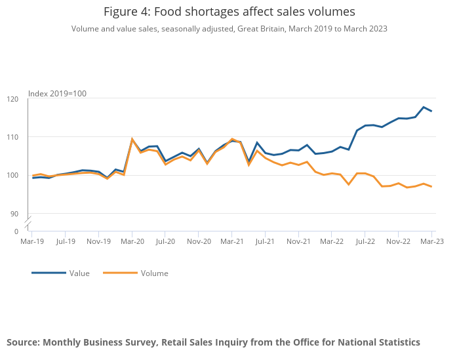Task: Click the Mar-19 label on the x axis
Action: coord(31,241)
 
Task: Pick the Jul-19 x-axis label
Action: coord(65,241)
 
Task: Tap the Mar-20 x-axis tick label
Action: coord(132,241)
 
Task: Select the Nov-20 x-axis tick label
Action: coord(199,241)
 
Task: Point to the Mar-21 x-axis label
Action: coord(231,241)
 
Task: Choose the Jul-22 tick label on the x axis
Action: coord(365,241)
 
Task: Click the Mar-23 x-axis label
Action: coord(431,241)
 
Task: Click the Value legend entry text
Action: coord(79,273)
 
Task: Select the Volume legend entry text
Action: coord(154,273)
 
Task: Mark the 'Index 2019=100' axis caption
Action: coord(57,94)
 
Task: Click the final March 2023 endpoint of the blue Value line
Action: coord(431,111)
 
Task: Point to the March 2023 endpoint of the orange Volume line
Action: coord(431,187)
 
